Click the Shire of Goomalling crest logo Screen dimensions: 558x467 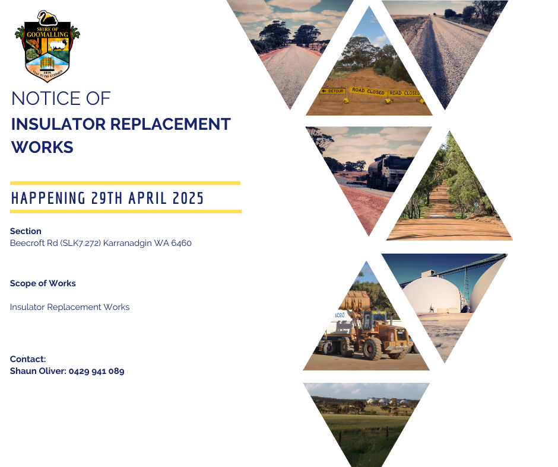click(47, 46)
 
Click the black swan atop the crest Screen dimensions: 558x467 click(47, 18)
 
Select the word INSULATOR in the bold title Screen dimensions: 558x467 click(58, 124)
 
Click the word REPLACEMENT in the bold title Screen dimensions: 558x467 click(170, 124)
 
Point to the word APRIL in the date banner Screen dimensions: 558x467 click(148, 199)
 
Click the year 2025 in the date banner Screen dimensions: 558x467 click(188, 199)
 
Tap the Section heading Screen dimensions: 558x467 click(26, 231)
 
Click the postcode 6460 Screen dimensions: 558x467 click(182, 243)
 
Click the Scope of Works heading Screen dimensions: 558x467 click(43, 283)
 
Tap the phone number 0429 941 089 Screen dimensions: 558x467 click(96, 371)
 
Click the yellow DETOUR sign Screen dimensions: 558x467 click(333, 91)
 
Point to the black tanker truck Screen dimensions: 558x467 click(389, 172)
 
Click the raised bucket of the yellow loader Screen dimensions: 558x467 click(355, 300)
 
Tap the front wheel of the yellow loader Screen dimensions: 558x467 click(373, 348)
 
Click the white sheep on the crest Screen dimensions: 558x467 click(59, 45)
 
